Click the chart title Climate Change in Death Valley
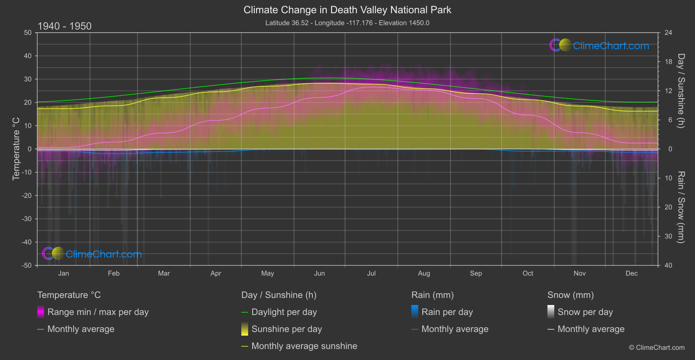coord(347,10)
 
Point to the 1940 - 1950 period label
coord(65,26)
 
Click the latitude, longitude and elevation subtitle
coord(347,23)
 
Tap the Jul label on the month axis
coord(371,273)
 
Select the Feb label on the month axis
coord(113,273)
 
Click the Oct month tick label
coord(528,273)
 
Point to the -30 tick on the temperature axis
coord(27,219)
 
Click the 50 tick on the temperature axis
coord(28,33)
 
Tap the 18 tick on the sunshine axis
coord(668,62)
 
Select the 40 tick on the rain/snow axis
coord(668,265)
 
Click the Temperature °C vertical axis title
coord(16,148)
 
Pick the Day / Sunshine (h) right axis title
coord(681,91)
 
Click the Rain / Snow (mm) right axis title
coord(681,207)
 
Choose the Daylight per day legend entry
coord(284,312)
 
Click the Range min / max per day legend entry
coord(98,312)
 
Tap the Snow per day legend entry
coord(585,312)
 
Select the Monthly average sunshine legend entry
coord(304,346)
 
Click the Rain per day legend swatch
coord(415,312)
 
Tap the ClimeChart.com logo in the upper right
coord(599,45)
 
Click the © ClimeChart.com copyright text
coord(657,347)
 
